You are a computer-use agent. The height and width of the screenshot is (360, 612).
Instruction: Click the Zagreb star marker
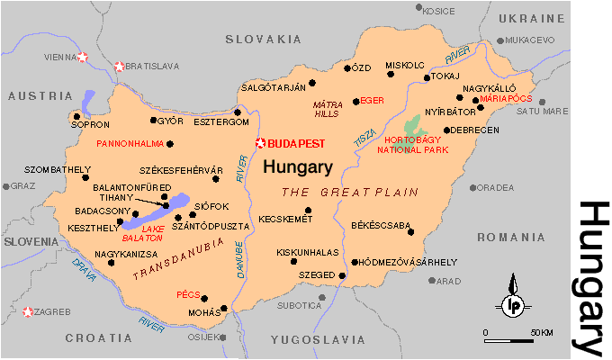(x=28, y=312)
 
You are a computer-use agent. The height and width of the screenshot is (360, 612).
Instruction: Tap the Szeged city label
(x=317, y=274)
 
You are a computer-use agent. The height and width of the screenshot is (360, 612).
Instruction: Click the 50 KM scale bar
(x=517, y=342)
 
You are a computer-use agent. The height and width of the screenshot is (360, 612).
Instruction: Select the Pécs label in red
(x=187, y=294)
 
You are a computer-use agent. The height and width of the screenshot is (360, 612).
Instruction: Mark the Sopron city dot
(x=76, y=116)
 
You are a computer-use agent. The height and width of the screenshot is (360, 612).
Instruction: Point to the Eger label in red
(x=373, y=101)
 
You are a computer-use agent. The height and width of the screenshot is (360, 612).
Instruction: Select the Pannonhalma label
(x=127, y=143)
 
